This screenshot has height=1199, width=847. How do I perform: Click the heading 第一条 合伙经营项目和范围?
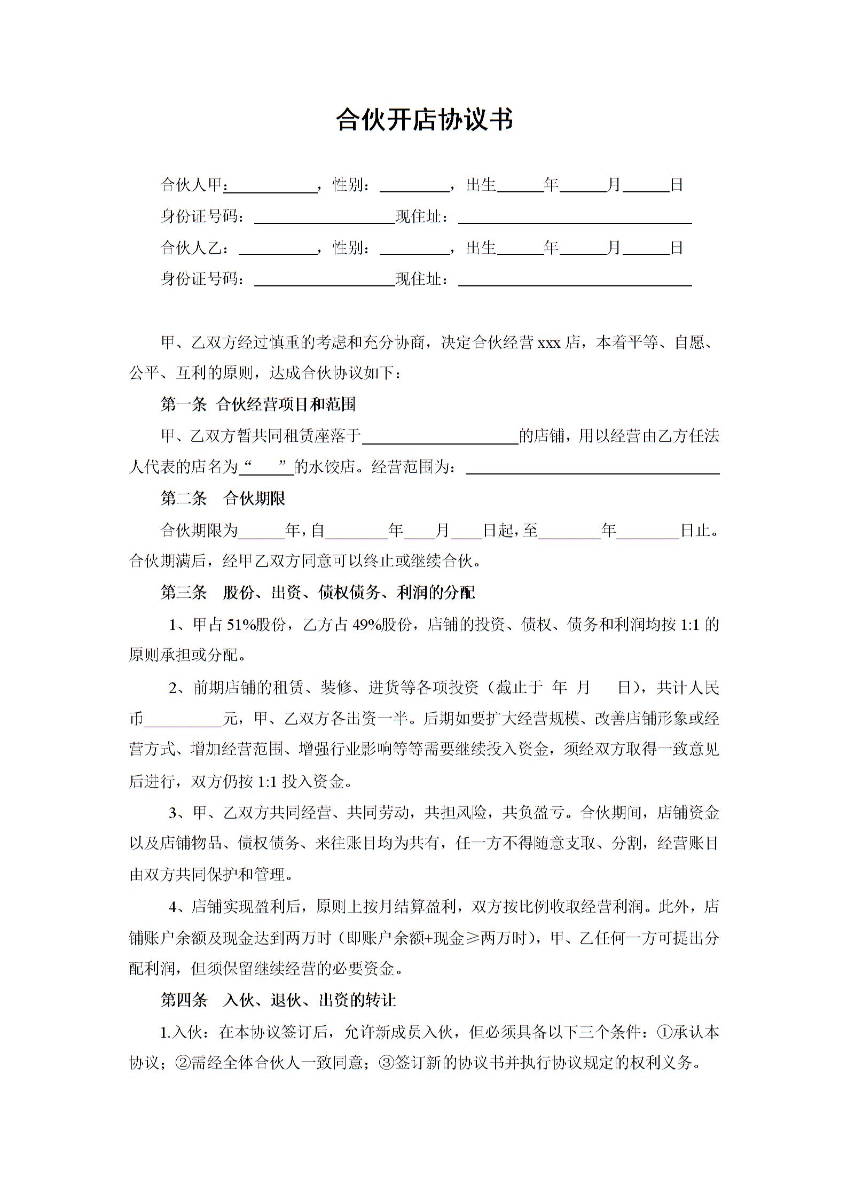click(258, 404)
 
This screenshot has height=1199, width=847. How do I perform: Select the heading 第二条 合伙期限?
click(223, 499)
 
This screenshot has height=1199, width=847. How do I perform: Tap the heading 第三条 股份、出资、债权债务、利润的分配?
click(317, 593)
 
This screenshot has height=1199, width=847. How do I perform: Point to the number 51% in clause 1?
click(241, 624)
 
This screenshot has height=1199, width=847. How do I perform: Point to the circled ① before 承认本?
click(664, 1032)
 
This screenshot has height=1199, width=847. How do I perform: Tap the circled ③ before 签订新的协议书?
click(386, 1063)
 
